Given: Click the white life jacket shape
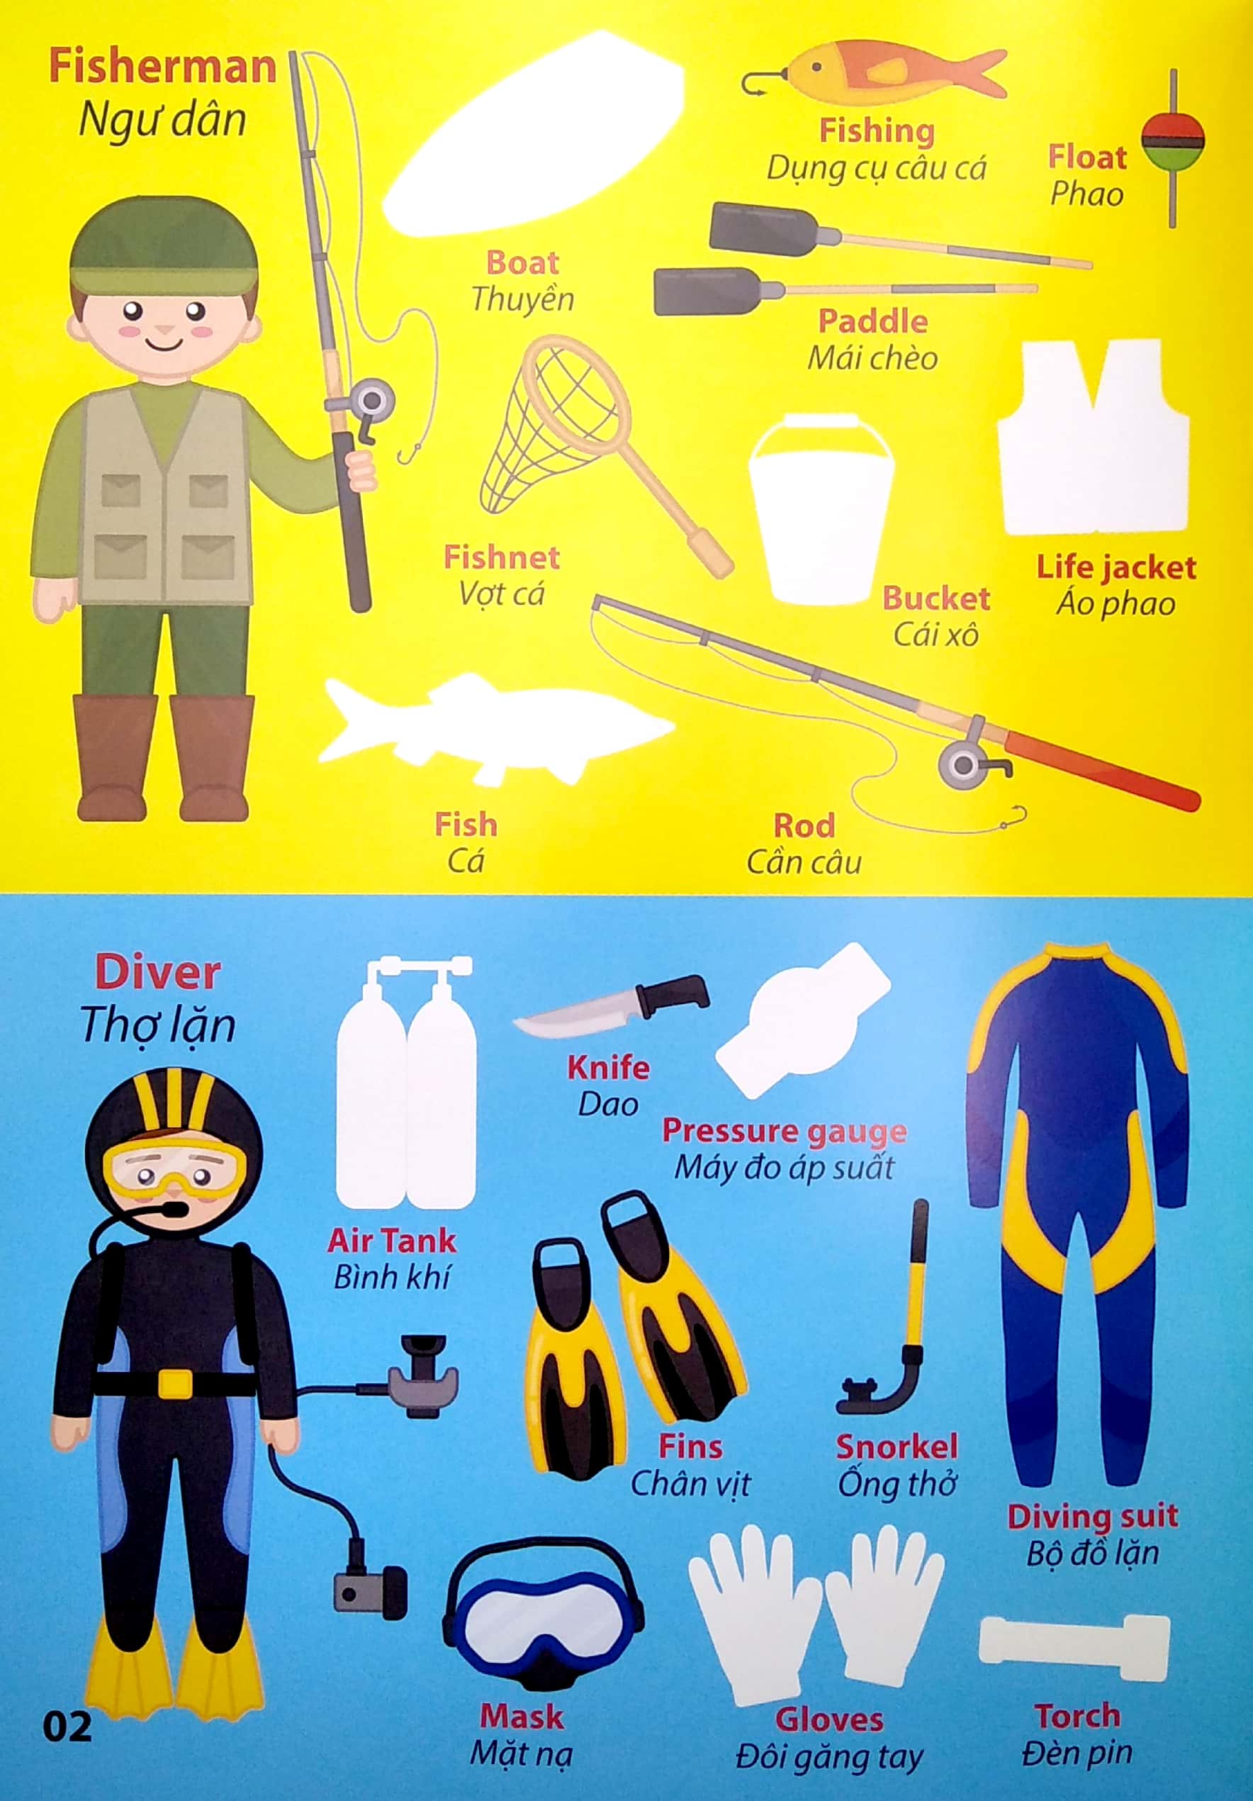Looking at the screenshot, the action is point(1092,437).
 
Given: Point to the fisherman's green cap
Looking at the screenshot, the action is point(164,245).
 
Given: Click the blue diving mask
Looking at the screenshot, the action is point(543,1616).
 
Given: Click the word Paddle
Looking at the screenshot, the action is point(872,322).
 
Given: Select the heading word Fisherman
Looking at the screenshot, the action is point(162,67).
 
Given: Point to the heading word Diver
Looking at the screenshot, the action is point(157,973).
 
